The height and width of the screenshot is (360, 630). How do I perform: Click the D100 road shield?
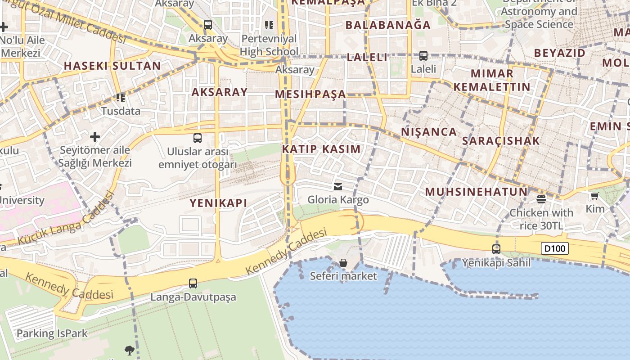pyautogui.click(x=555, y=248)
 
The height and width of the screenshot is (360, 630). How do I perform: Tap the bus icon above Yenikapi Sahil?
pyautogui.click(x=496, y=249)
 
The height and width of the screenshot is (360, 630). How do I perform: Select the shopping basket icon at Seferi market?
pyautogui.click(x=343, y=262)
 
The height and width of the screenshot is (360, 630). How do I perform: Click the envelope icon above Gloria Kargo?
pyautogui.click(x=338, y=186)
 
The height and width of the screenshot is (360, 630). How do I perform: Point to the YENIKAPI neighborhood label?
pyautogui.click(x=218, y=203)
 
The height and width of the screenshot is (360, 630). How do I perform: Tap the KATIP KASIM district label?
pyautogui.click(x=321, y=149)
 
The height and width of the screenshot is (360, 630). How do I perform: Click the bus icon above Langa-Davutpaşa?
pyautogui.click(x=193, y=283)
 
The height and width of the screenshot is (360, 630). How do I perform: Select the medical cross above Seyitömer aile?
pyautogui.click(x=95, y=136)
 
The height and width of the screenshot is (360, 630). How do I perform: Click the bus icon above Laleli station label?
pyautogui.click(x=423, y=56)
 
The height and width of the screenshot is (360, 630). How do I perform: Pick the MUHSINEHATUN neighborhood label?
pyautogui.click(x=476, y=192)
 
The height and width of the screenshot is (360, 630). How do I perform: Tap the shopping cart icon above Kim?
pyautogui.click(x=595, y=196)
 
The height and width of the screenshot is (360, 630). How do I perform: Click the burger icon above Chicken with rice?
pyautogui.click(x=541, y=199)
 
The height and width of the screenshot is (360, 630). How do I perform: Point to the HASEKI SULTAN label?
pyautogui.click(x=112, y=66)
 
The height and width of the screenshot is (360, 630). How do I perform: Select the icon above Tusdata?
pyautogui.click(x=120, y=97)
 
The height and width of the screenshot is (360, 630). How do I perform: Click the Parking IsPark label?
pyautogui.click(x=52, y=333)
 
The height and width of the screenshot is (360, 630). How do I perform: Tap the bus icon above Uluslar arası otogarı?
pyautogui.click(x=197, y=138)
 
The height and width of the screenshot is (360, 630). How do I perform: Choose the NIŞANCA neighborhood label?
pyautogui.click(x=429, y=132)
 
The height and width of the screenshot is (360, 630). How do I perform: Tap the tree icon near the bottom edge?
pyautogui.click(x=130, y=350)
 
